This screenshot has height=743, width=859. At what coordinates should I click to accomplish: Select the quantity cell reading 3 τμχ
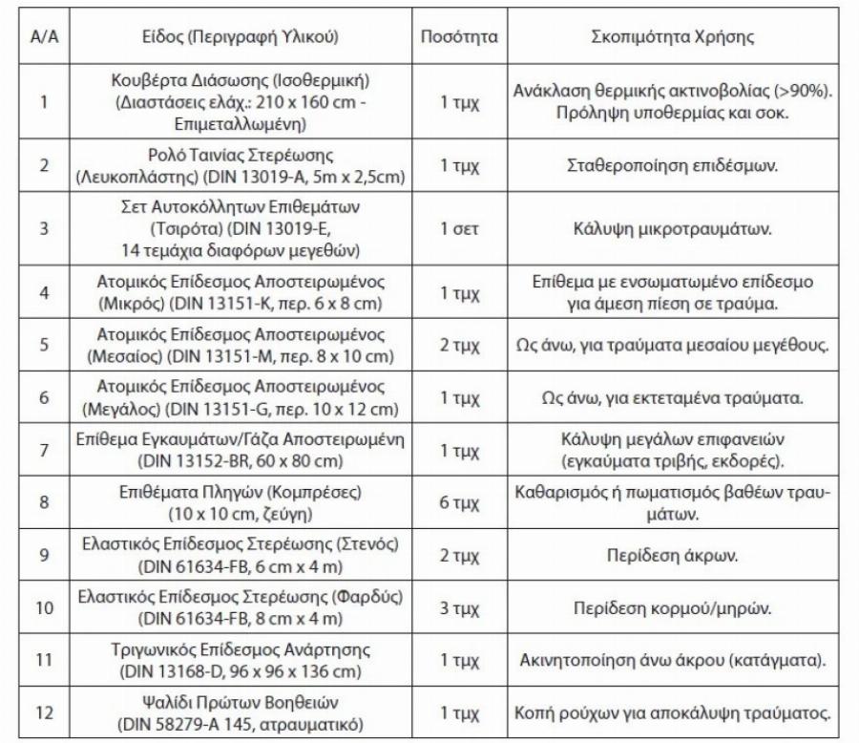(x=459, y=607)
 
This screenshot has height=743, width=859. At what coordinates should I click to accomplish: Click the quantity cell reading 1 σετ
(x=459, y=229)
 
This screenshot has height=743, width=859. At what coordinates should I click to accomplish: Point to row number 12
(x=42, y=712)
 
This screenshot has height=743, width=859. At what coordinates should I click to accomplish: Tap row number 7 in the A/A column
(x=42, y=450)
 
